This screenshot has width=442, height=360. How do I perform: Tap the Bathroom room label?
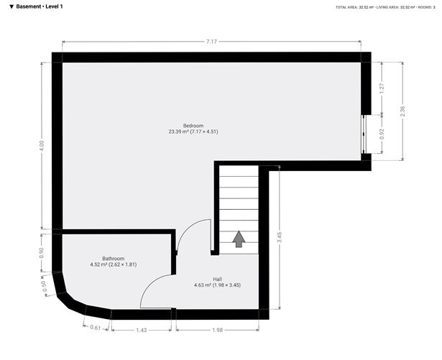(113, 259)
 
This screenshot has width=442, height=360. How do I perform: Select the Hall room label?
(217, 279)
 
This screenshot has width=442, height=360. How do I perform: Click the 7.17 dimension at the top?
(211, 42)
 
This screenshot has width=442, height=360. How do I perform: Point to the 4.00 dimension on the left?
(42, 144)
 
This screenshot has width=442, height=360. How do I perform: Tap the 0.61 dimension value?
(95, 327)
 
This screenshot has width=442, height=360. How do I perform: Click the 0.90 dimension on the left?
(42, 252)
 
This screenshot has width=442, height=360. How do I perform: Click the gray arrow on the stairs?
(239, 239)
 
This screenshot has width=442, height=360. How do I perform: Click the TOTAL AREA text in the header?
(350, 7)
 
